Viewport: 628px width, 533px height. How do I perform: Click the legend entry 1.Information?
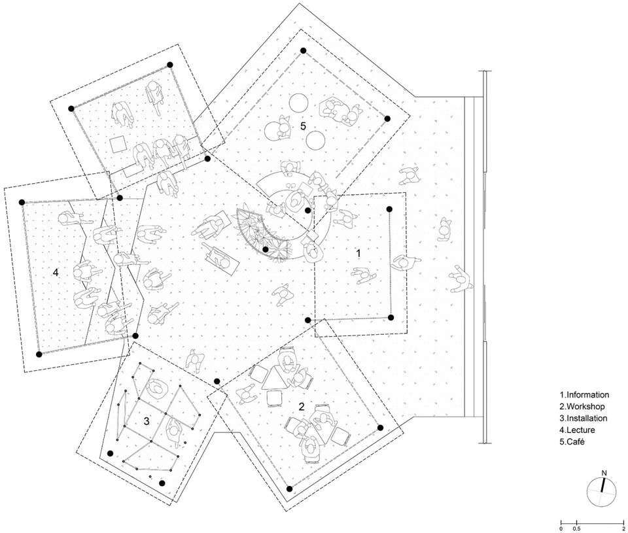(584, 395)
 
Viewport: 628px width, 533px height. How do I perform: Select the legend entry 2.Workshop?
(582, 407)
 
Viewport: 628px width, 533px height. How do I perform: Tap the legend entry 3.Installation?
(583, 418)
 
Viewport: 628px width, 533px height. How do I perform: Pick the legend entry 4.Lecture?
(577, 430)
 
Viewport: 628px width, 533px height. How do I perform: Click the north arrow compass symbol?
(601, 492)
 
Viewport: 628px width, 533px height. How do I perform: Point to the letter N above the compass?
(604, 473)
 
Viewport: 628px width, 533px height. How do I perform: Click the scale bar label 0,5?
(576, 529)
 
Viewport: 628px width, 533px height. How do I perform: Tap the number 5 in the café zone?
(303, 126)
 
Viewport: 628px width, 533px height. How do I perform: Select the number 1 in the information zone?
(358, 253)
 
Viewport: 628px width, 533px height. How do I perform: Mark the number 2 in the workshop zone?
(302, 407)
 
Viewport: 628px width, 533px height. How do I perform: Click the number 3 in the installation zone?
(147, 421)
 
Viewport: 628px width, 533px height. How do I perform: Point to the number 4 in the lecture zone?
(56, 272)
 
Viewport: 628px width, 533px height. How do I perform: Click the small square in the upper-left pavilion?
(118, 144)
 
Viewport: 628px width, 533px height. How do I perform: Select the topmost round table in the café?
(299, 103)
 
